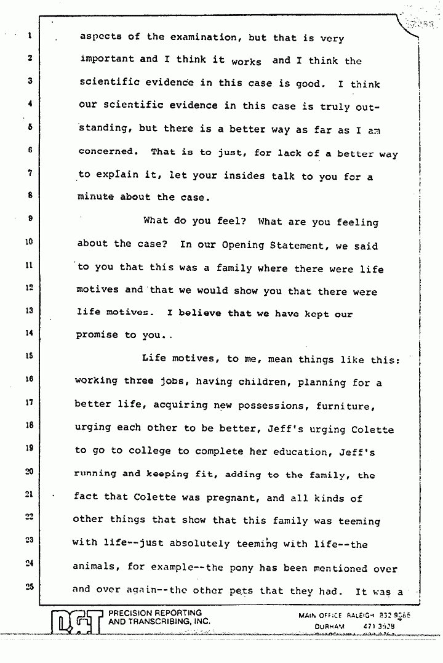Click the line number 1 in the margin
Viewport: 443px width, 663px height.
29,36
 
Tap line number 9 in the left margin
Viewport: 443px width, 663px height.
29,217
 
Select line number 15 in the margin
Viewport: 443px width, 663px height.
29,355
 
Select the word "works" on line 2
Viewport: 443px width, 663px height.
246,62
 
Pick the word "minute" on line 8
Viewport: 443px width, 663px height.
96,198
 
